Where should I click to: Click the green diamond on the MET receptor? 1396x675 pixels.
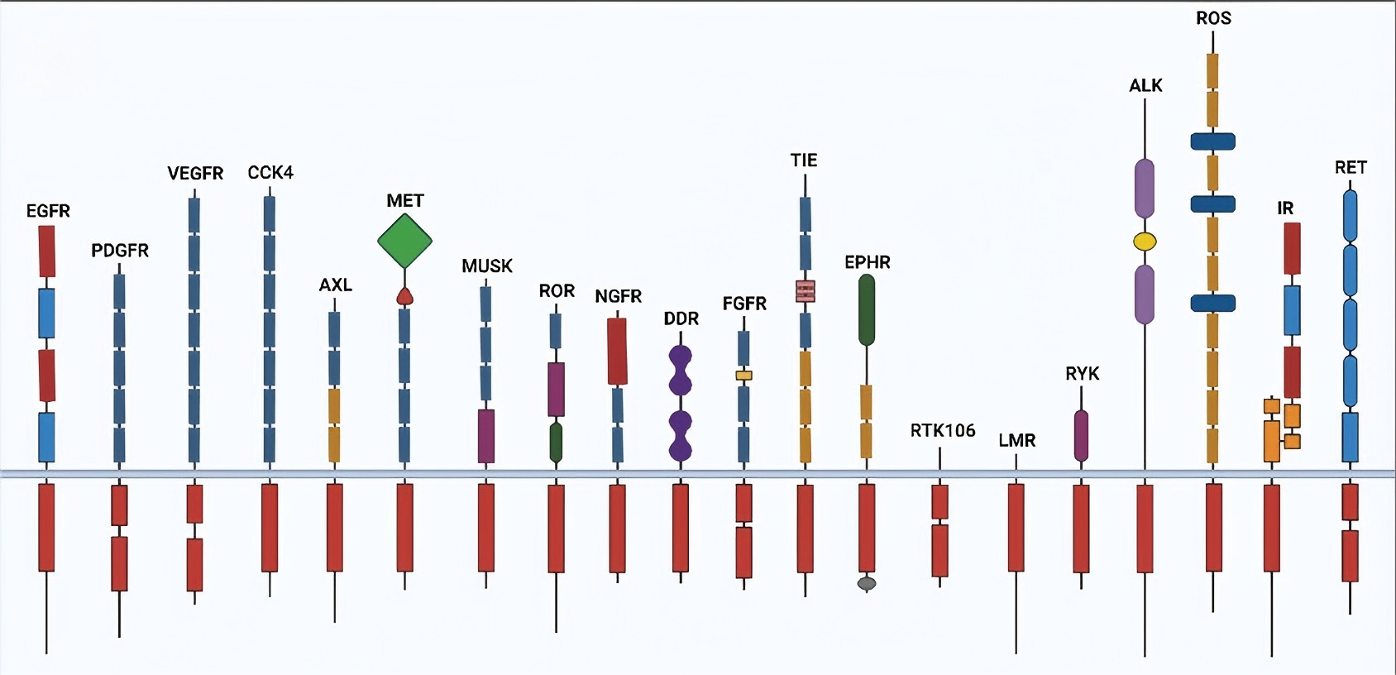coord(404,241)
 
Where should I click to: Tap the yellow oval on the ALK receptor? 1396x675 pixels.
coord(1145,242)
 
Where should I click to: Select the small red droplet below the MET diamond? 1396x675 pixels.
coord(404,296)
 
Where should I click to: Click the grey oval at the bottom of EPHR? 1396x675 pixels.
coord(867,584)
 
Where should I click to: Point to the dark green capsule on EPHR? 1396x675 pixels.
coord(867,309)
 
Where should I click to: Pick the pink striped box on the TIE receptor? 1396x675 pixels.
coord(806,291)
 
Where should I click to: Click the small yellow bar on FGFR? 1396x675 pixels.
coord(743,376)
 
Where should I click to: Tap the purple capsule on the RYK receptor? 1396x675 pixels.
coord(1081,435)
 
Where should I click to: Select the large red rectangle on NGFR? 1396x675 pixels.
coord(617,352)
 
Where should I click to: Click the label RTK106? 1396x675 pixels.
coord(943,430)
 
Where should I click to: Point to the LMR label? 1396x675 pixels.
coord(1016,440)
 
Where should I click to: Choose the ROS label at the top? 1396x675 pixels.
coord(1213,18)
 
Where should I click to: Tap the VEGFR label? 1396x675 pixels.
coord(195,173)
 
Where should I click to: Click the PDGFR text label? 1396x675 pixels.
coord(120,250)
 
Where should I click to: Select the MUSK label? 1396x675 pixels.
coord(487,266)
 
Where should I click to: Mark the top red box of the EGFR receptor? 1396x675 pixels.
coord(47,251)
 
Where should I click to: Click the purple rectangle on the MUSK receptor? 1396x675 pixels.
coord(486,436)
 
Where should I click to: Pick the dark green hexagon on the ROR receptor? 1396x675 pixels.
coord(556,443)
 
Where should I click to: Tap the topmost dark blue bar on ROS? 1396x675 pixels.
coord(1212,141)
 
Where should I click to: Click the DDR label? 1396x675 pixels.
coord(681,318)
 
